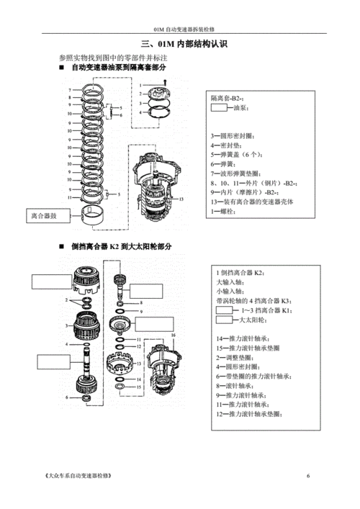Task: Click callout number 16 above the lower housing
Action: click(x=174, y=335)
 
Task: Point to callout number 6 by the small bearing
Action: click(x=66, y=397)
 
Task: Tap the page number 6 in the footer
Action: click(x=308, y=476)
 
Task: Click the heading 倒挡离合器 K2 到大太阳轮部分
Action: click(x=122, y=246)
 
